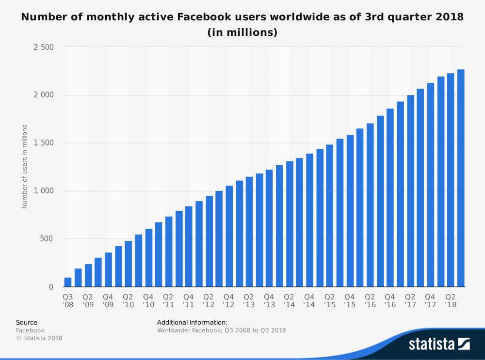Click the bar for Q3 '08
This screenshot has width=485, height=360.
[68, 282]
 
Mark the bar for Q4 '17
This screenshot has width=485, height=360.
[430, 185]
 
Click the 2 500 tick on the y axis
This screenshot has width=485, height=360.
[43, 47]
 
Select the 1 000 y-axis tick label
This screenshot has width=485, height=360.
[43, 191]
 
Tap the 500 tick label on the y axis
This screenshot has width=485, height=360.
[47, 239]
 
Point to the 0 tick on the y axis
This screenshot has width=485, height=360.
[50, 287]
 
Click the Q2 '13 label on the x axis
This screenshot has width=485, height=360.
[249, 301]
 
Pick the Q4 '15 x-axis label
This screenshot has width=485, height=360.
[350, 301]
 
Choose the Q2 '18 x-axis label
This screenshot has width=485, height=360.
[451, 301]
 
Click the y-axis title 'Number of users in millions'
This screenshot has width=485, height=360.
[25, 167]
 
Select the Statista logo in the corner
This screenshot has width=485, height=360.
[439, 344]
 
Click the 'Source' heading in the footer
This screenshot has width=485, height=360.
[27, 322]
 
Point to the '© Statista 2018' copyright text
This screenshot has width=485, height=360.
[39, 338]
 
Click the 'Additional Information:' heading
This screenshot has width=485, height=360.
[192, 322]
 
